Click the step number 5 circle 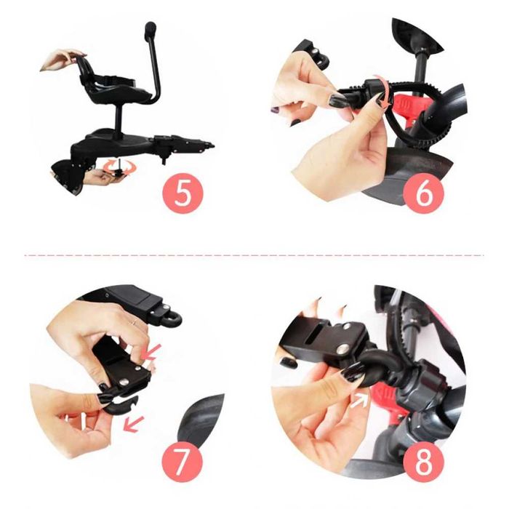183,193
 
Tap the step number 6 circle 424,193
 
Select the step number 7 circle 182,462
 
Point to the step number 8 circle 424,462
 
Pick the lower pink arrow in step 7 133,424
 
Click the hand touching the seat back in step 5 62,60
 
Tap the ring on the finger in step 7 135,322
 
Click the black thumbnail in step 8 351,372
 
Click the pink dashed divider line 254,255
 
